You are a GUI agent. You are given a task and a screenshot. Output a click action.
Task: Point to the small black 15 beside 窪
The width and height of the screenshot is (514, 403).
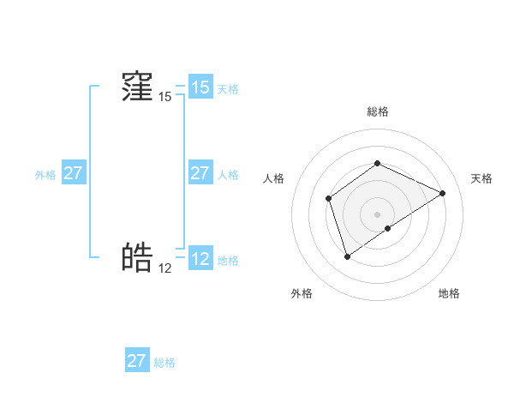click(164, 97)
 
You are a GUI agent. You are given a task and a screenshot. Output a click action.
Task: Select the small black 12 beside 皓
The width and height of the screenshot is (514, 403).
click(164, 268)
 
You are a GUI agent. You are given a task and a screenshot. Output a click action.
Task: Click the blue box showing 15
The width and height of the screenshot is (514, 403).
click(200, 87)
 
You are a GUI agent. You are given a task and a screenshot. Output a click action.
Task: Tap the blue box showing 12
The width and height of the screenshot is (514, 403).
click(200, 259)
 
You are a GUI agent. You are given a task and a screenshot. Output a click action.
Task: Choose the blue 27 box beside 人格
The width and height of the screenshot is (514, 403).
click(200, 173)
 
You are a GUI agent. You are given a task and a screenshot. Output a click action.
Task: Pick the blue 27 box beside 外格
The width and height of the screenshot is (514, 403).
click(73, 173)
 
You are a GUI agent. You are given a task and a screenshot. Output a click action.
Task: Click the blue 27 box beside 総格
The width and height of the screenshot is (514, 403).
click(137, 361)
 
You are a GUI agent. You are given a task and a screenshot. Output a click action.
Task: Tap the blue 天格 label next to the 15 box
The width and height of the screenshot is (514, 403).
click(228, 88)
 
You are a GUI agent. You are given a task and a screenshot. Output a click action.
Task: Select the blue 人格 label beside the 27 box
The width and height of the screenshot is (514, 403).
click(228, 175)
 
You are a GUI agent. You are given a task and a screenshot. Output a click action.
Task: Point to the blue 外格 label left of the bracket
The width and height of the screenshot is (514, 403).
click(45, 175)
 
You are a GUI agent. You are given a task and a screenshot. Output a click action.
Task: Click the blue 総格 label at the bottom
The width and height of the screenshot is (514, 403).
click(164, 363)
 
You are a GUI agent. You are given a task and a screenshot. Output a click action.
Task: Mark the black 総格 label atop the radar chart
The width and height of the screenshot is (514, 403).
click(377, 111)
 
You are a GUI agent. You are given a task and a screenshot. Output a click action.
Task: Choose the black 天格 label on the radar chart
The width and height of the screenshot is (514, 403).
click(481, 178)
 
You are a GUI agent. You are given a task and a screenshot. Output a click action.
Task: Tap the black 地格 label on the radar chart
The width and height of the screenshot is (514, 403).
click(449, 293)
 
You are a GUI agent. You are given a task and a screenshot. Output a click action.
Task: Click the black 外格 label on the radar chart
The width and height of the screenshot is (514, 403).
click(302, 293)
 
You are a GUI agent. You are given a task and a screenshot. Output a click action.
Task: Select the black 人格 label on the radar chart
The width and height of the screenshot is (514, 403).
click(273, 178)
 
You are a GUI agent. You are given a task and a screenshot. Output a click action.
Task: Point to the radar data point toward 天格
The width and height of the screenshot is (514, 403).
click(443, 193)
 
